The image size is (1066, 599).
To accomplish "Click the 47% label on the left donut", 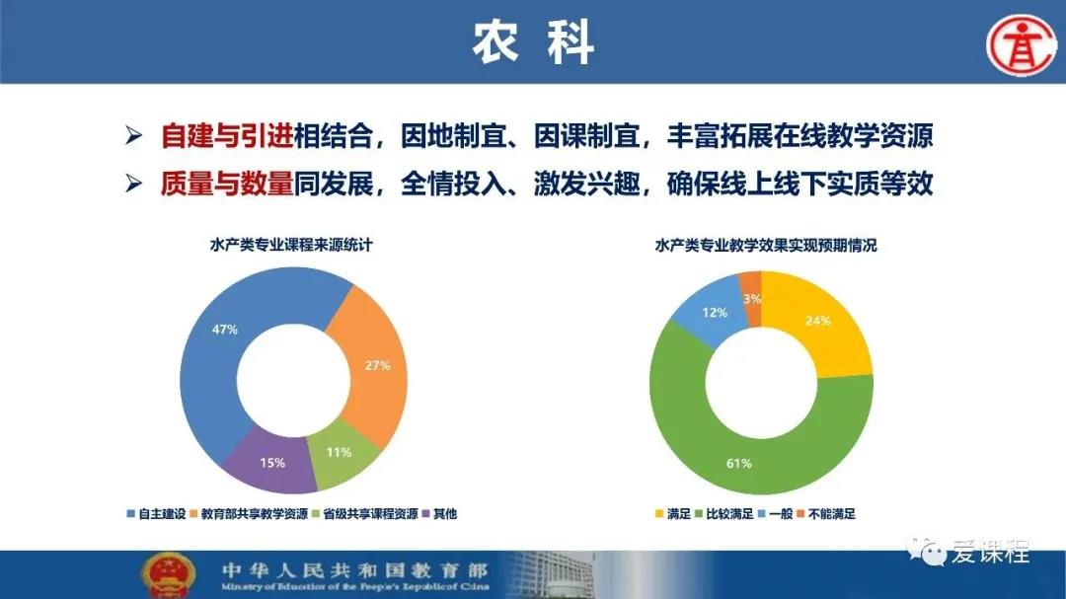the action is coord(224,330).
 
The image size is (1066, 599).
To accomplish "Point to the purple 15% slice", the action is coord(272,463).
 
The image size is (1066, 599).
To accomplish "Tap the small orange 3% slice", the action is coord(751,296).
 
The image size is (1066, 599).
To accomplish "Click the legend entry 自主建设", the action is coord(156,514).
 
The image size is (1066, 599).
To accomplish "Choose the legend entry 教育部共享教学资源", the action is coord(249,514).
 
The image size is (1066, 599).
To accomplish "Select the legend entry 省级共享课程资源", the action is coord(365,514).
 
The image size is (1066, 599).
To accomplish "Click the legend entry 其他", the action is coord(440,514).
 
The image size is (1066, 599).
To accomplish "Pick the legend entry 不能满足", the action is coord(826,514).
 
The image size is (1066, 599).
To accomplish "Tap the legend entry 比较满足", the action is coord(724,514).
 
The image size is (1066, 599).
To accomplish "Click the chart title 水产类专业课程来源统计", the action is coord(291,245).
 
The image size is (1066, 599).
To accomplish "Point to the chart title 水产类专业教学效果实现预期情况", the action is coord(766,245).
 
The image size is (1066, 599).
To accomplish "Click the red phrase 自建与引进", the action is coord(227,136).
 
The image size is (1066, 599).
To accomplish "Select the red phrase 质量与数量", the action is coord(227,184).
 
